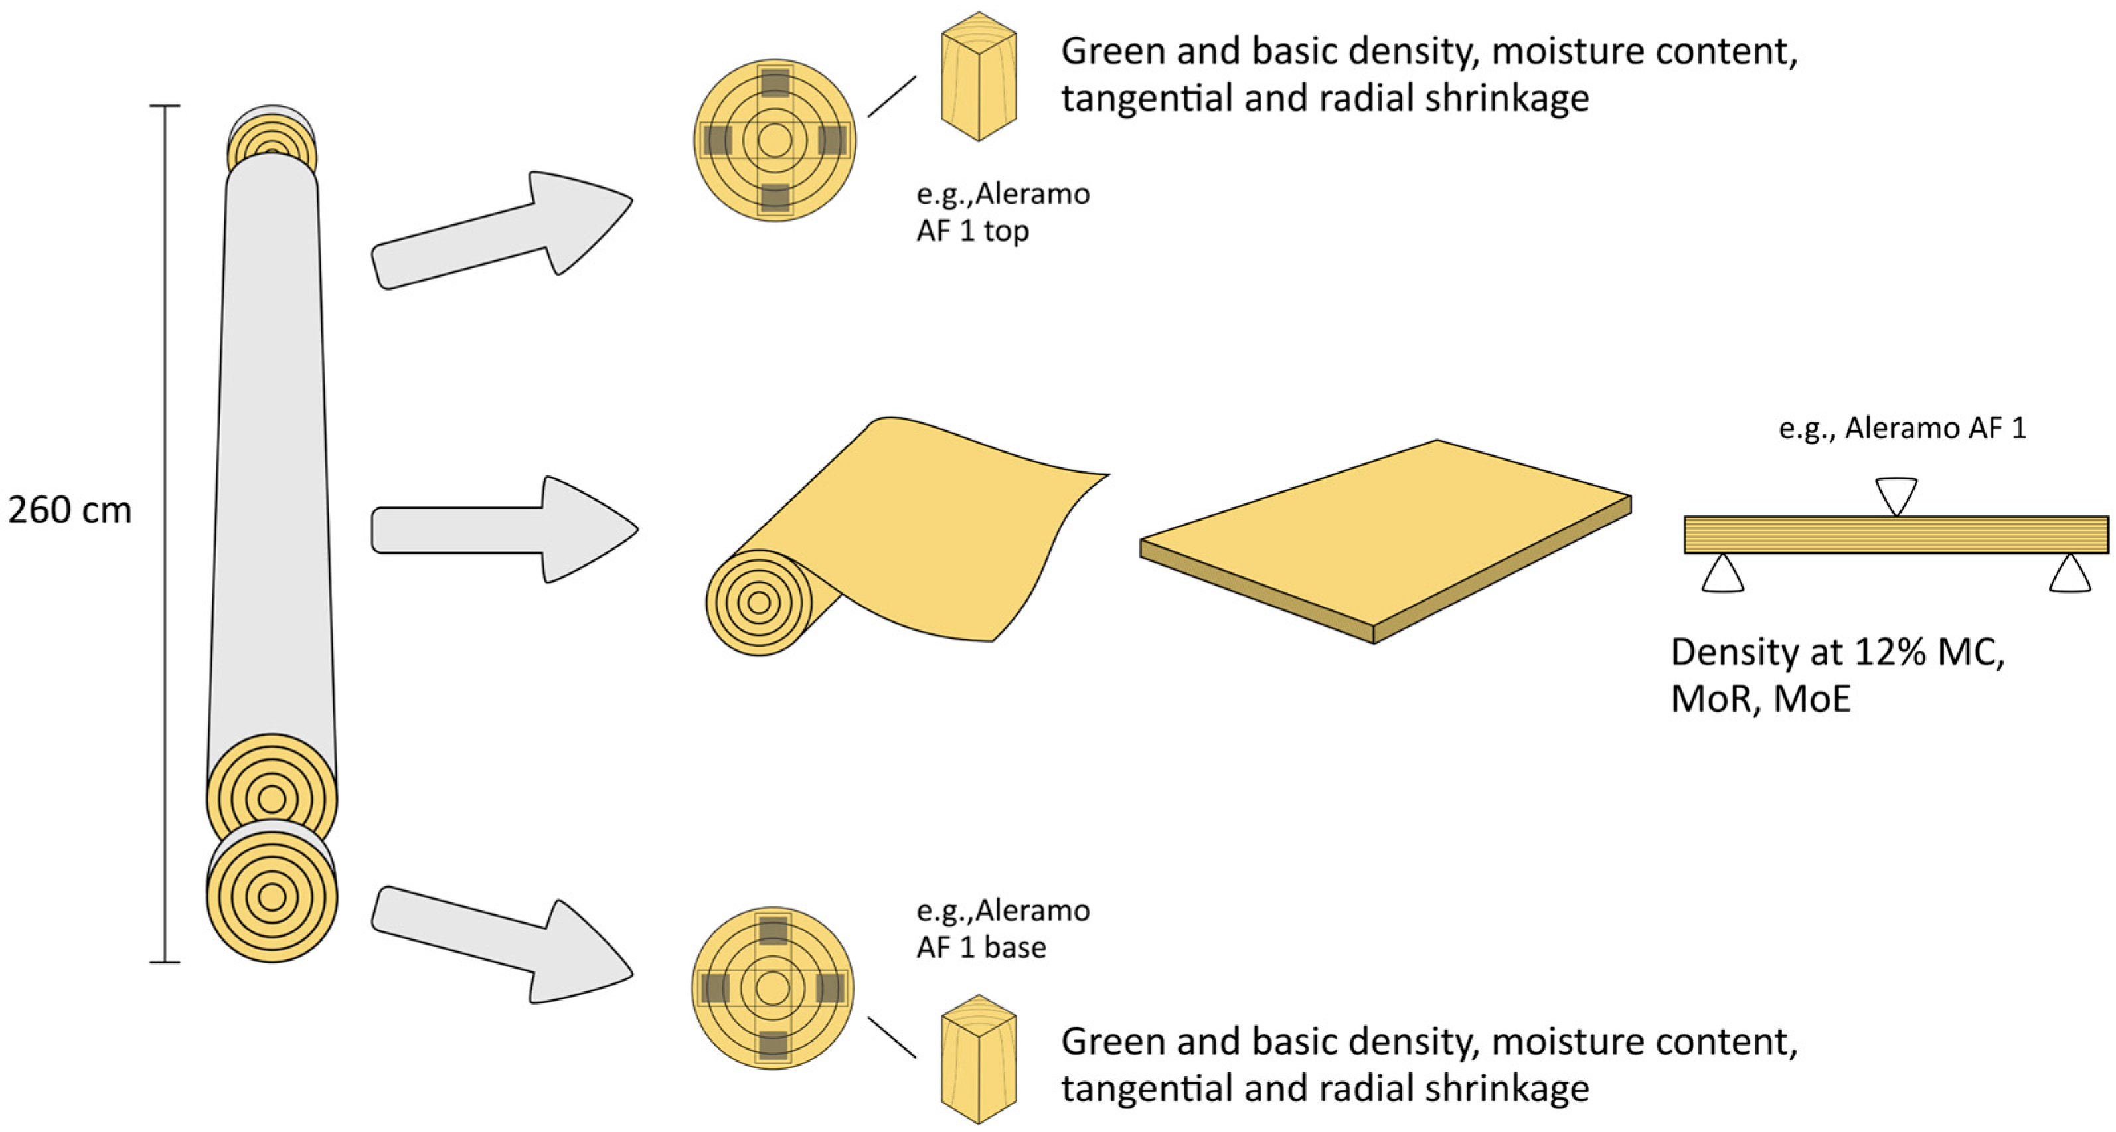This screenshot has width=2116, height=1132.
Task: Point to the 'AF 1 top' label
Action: point(973,232)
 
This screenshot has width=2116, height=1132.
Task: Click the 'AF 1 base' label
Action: point(981,948)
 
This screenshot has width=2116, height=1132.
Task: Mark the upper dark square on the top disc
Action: point(775,83)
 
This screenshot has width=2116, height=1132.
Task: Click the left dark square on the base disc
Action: point(716,987)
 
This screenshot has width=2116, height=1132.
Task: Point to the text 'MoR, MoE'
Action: point(1761,699)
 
